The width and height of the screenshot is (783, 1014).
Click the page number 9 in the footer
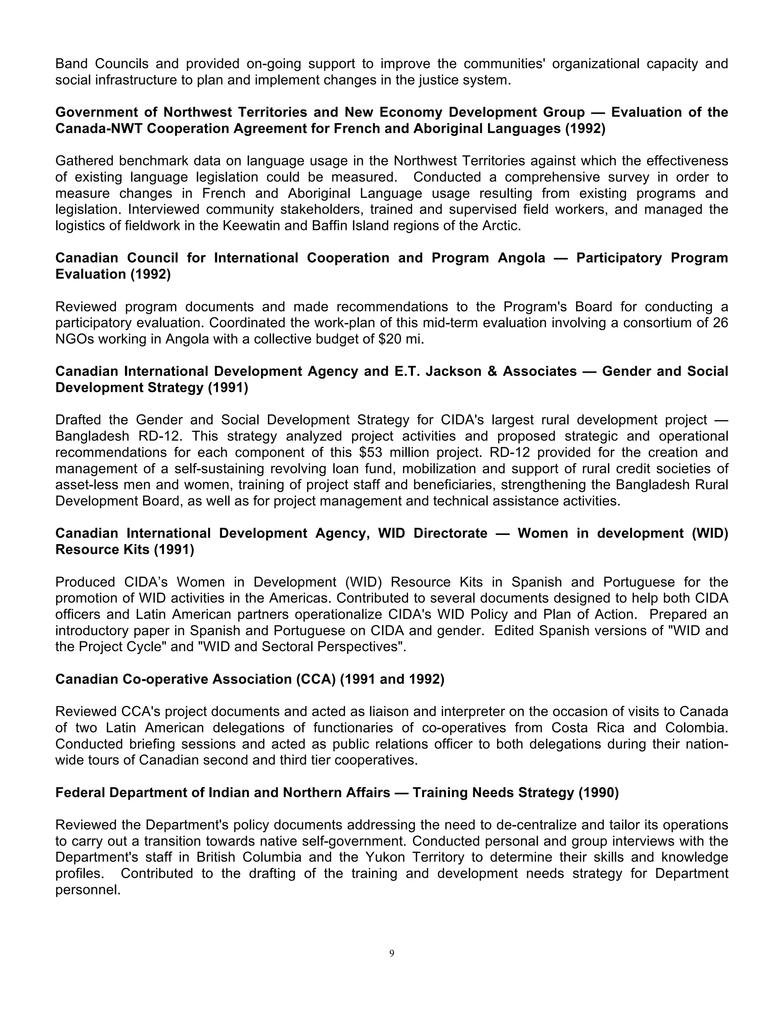[391, 953]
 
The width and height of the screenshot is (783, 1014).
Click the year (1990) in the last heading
[598, 792]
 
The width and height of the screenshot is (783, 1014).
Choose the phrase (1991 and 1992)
[392, 679]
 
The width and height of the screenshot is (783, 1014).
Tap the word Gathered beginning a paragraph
[84, 161]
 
